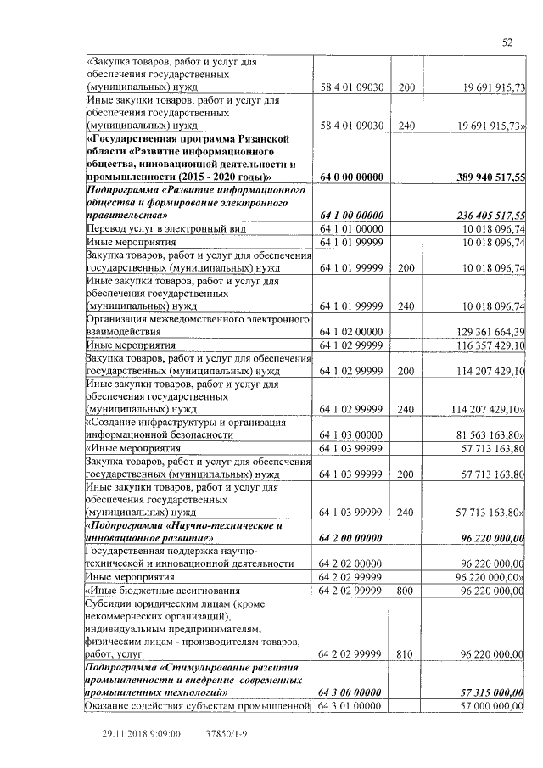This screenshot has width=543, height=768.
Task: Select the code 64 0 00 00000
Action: click(352, 177)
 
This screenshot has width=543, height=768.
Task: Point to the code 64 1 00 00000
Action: click(352, 216)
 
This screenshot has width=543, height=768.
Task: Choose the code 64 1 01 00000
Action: click(352, 228)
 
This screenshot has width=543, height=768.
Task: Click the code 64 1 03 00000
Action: click(352, 434)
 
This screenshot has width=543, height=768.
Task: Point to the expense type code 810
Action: click(406, 654)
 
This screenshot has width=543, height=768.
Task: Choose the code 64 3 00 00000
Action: click(352, 692)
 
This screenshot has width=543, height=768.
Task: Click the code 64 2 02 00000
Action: click(352, 563)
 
